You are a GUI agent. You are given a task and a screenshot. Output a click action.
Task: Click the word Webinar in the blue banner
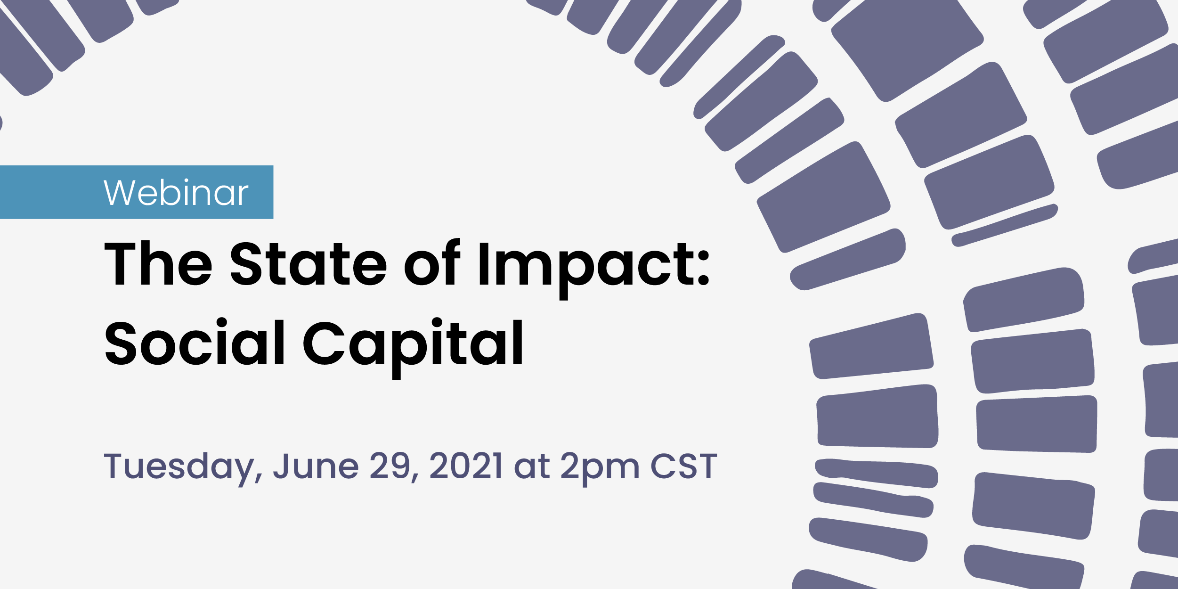click(176, 192)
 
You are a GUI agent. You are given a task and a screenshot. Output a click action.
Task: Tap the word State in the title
click(309, 264)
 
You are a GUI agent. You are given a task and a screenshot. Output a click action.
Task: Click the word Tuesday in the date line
click(178, 466)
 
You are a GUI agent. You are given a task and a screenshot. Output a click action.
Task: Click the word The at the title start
click(158, 264)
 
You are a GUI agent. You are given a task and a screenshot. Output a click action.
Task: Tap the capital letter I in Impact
click(484, 264)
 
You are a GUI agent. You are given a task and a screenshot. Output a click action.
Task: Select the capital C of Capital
click(324, 343)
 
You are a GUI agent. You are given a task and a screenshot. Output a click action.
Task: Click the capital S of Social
click(121, 343)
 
